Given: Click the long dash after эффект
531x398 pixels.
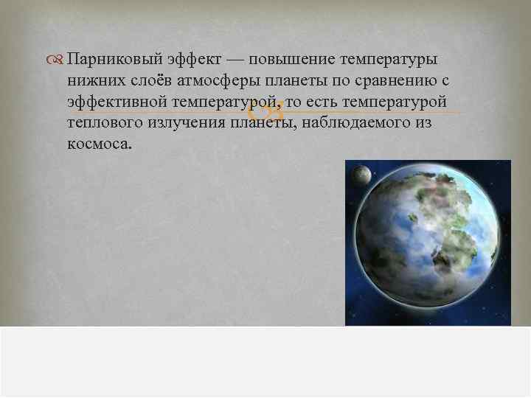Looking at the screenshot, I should tap(238, 58).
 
